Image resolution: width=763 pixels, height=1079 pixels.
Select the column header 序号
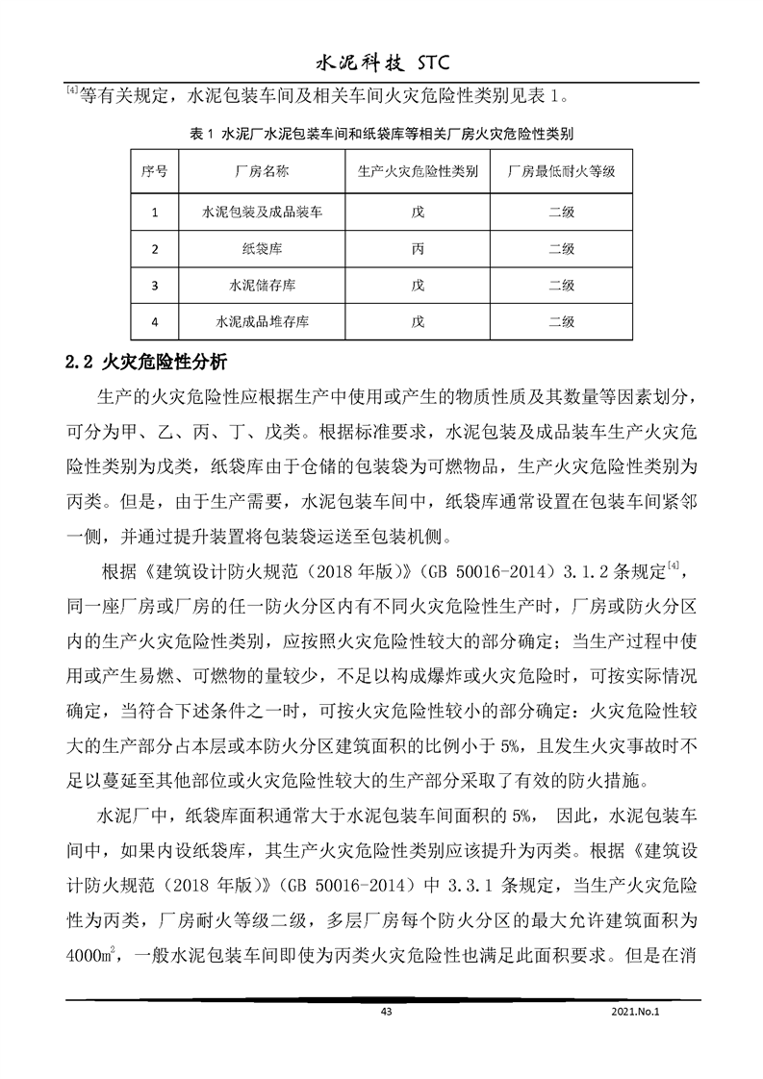pyautogui.click(x=154, y=173)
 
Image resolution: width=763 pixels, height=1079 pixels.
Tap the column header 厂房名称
pyautogui.click(x=261, y=173)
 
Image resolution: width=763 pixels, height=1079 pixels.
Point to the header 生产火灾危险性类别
pyautogui.click(x=417, y=173)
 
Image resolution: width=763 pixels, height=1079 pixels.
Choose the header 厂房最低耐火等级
pyautogui.click(x=561, y=173)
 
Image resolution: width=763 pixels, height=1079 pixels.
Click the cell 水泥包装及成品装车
pyautogui.click(x=261, y=213)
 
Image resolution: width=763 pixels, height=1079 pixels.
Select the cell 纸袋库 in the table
pyautogui.click(x=261, y=249)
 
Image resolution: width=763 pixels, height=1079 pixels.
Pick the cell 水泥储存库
pyautogui.click(x=261, y=286)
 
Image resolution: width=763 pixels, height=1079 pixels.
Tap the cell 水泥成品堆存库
pyautogui.click(x=261, y=321)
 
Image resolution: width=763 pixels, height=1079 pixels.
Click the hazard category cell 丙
pyautogui.click(x=417, y=249)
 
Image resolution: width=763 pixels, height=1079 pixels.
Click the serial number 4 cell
pyautogui.click(x=154, y=321)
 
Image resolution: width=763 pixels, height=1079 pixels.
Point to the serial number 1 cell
pyautogui.click(x=154, y=213)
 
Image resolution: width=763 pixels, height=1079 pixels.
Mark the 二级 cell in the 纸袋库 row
pyautogui.click(x=561, y=249)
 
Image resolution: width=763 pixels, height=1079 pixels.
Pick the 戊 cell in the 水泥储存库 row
pyautogui.click(x=417, y=286)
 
